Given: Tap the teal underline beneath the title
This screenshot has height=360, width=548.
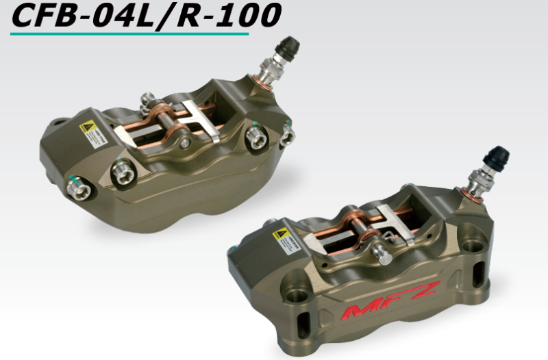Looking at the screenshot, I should point(130,33).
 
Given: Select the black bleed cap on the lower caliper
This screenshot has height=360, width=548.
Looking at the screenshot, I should point(497,158).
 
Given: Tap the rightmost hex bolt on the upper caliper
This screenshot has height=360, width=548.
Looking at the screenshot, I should point(288,136).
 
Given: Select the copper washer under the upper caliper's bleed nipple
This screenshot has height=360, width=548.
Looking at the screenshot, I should point(266,85).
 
